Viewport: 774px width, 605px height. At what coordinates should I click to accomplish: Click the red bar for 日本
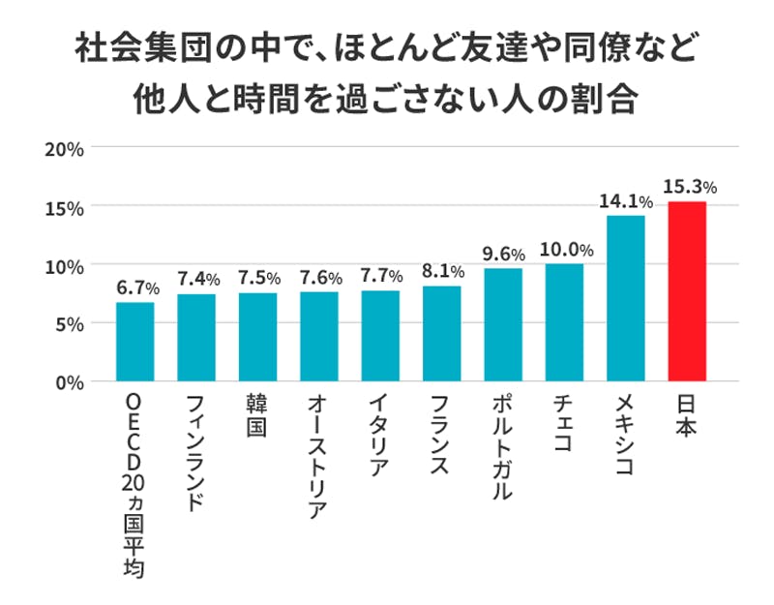pyautogui.click(x=687, y=291)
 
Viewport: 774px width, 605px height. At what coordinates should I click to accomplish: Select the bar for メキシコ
pyautogui.click(x=626, y=298)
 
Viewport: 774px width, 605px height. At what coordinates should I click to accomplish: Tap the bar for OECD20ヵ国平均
pyautogui.click(x=134, y=342)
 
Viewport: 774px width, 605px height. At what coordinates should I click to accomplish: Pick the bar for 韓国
pyautogui.click(x=257, y=337)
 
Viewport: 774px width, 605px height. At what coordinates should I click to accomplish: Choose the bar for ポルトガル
pyautogui.click(x=503, y=324)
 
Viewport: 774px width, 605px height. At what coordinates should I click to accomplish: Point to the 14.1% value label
pyautogui.click(x=626, y=201)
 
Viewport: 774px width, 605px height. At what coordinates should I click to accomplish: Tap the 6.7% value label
pyautogui.click(x=136, y=287)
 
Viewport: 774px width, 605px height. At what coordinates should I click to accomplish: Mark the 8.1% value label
pyautogui.click(x=442, y=272)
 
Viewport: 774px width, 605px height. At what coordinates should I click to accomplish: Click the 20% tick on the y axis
pyautogui.click(x=65, y=149)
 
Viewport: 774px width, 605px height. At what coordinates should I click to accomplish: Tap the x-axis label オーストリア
pyautogui.click(x=318, y=456)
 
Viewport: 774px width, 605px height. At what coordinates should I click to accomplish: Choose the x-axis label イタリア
pyautogui.click(x=379, y=436)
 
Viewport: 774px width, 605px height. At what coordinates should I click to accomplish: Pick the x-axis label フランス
pyautogui.click(x=441, y=436)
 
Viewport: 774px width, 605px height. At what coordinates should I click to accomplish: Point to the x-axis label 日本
pyautogui.click(x=687, y=414)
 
